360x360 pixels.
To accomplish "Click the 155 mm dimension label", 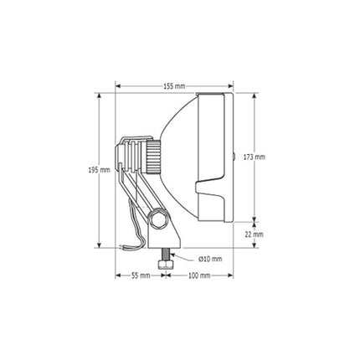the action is point(174,86).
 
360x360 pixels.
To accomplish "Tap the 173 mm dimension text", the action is point(254,157).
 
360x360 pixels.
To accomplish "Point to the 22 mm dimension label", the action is point(254,234).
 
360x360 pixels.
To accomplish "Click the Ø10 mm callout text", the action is point(210,259).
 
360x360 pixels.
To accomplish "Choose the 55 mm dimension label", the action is point(141,275).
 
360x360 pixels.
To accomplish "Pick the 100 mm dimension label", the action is point(199,275).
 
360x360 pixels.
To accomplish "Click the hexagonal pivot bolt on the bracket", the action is point(157,219).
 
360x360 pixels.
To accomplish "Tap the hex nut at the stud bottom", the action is point(166,265).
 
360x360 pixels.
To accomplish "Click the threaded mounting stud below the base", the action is point(166,255).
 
